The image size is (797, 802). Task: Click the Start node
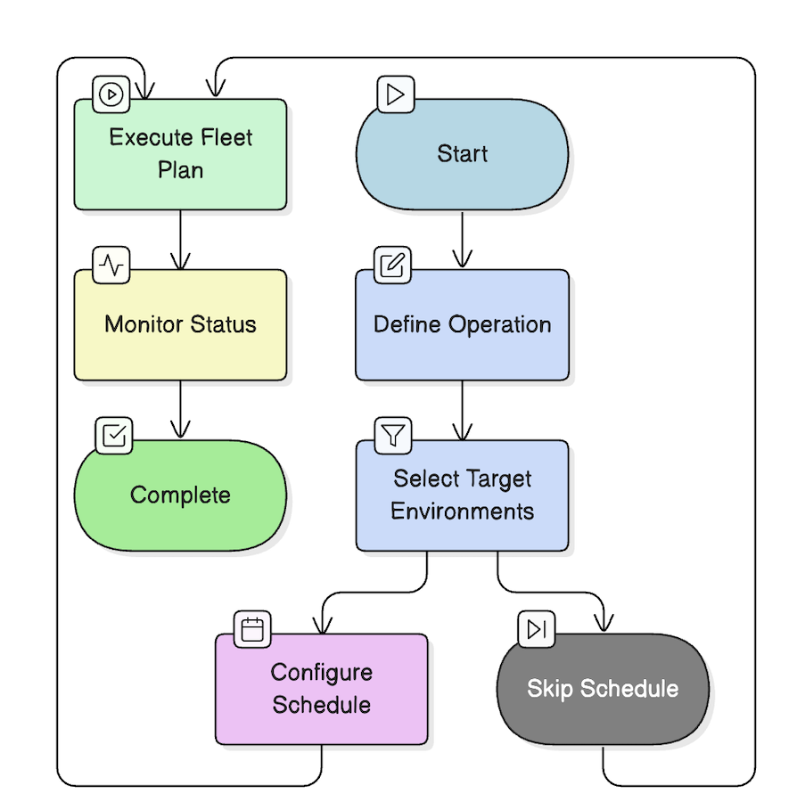pos(462,154)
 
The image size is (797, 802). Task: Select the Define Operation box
pos(462,325)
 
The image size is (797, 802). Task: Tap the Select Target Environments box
pos(462,495)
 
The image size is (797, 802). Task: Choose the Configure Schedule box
pos(321,689)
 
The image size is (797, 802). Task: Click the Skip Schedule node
pos(603,689)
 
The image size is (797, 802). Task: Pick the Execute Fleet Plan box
pos(180,154)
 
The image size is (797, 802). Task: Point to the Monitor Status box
pos(180,325)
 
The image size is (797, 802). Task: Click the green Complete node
pos(180,495)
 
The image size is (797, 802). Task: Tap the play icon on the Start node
pos(395,94)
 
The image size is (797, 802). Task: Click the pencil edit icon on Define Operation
pos(392,265)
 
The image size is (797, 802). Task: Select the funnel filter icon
pos(393,435)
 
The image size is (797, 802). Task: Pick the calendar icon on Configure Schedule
pos(252,629)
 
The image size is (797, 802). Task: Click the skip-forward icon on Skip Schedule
pos(537,629)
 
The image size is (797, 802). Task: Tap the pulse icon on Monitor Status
pos(112,265)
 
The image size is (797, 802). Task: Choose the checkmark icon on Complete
pos(113,435)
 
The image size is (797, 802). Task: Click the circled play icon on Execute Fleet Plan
pos(111,94)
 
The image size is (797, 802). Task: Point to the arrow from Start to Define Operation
pos(462,240)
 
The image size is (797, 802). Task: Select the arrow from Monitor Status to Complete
pos(181,410)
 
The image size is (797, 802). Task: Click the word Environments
pos(462,511)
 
